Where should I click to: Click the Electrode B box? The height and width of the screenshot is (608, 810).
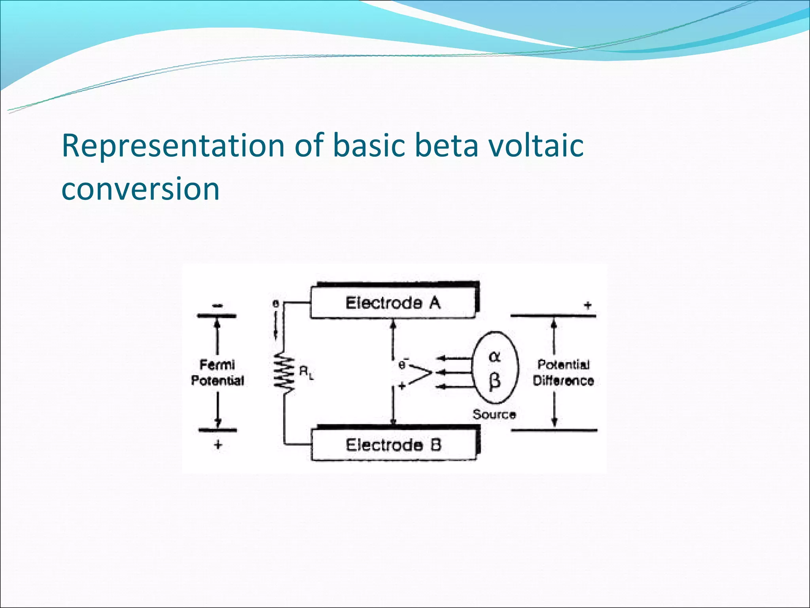394,445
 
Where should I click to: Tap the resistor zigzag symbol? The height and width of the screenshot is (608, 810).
284,372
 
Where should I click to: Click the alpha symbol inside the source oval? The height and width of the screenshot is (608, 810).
495,357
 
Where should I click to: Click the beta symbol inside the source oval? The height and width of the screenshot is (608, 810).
495,381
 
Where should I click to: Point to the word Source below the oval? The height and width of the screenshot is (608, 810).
494,414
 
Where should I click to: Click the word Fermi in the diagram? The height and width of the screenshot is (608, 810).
217,364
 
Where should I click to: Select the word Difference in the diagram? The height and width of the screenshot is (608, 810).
563,381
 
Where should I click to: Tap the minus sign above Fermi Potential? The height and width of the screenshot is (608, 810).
217,306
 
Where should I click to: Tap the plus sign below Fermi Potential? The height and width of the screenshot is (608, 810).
218,445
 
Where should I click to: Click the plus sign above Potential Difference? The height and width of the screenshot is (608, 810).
588,305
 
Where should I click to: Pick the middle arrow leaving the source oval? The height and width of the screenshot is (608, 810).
455,372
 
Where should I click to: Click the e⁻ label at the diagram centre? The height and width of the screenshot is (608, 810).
403,364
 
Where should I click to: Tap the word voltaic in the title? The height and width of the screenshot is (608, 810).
536,146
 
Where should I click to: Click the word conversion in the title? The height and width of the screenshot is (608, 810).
140,188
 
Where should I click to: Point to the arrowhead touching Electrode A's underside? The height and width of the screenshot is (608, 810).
393,324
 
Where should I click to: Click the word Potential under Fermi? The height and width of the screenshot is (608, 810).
218,381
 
